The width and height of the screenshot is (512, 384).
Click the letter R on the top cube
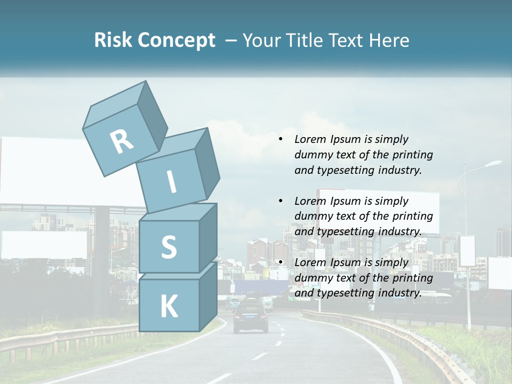(122, 141)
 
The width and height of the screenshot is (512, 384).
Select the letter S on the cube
(169, 247)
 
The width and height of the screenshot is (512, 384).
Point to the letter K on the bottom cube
(169, 307)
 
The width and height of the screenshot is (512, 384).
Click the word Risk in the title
(113, 40)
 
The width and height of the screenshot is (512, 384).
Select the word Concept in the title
(176, 41)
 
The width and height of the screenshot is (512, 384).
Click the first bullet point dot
(281, 140)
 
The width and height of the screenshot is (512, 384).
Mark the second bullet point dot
(281, 201)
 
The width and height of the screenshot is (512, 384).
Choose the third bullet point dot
(281, 262)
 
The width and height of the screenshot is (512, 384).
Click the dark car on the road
(251, 317)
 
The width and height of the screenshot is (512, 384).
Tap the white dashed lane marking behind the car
(260, 356)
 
